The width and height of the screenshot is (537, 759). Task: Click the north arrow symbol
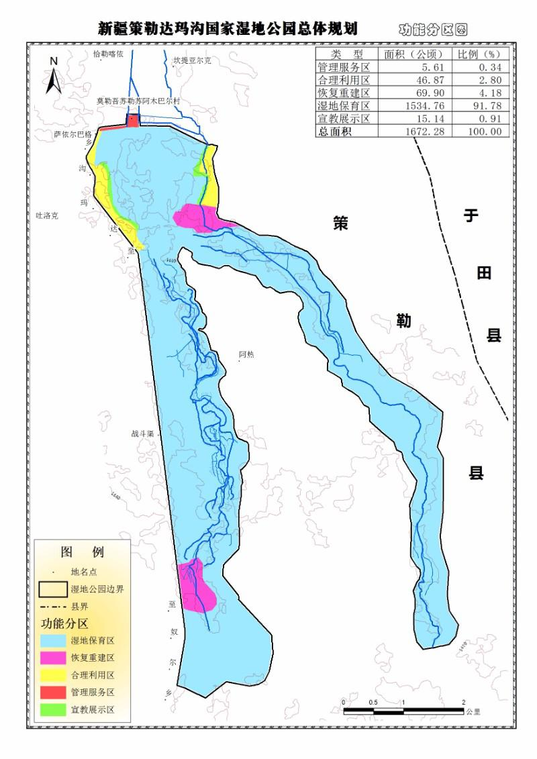[x=54, y=75]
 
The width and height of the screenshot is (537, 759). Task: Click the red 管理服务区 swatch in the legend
[x=54, y=692]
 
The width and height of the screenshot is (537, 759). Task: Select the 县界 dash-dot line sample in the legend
[x=54, y=606]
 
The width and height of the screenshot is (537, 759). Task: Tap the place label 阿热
[x=246, y=354]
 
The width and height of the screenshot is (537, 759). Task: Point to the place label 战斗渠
[x=142, y=434]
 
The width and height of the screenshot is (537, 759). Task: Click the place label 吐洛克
[x=47, y=215]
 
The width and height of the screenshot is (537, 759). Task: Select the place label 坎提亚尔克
[x=192, y=60]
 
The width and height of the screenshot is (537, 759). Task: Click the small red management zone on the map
[x=133, y=121]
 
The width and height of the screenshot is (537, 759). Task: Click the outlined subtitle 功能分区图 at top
[x=433, y=30]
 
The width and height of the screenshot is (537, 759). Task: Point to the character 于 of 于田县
[x=472, y=215]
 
